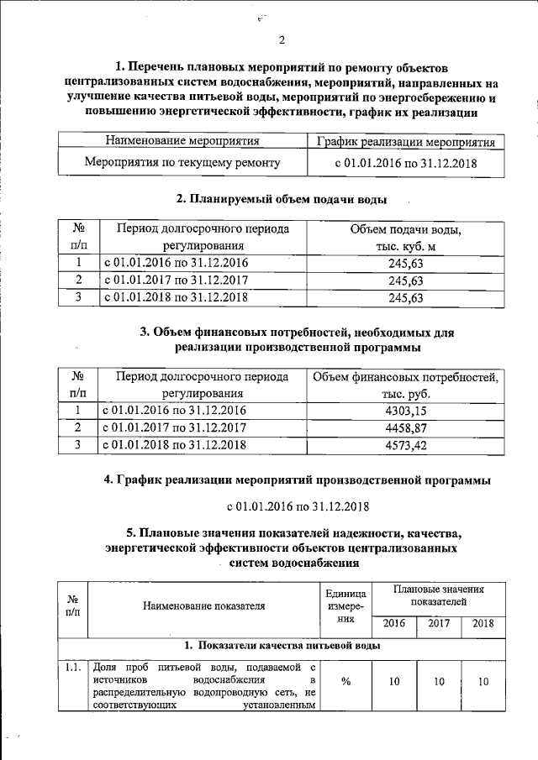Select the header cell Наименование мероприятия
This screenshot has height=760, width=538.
[182, 140]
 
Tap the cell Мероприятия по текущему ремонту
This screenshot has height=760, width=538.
[182, 163]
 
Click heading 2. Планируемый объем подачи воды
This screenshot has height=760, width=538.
[282, 200]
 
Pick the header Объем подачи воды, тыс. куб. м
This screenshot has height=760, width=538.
[405, 238]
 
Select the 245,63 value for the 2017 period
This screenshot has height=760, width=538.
[405, 280]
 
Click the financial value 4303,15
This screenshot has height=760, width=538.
[405, 411]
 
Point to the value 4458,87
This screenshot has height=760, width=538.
[405, 427]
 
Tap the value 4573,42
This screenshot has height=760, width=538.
[405, 444]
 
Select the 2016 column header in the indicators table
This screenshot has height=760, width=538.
[393, 624]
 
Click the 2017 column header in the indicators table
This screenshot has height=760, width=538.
[438, 624]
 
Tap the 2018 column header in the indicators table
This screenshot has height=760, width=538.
[483, 624]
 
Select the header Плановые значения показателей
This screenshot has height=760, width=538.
[438, 595]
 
